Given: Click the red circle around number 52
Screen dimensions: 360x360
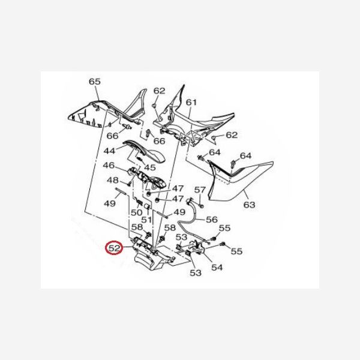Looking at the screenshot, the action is click(x=115, y=248).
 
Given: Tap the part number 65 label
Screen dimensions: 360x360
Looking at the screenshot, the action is click(x=95, y=81).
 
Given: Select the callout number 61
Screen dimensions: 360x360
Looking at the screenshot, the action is click(x=191, y=102).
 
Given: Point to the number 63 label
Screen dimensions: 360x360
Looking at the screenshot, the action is click(x=249, y=205).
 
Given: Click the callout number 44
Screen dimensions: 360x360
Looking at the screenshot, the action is click(x=109, y=151).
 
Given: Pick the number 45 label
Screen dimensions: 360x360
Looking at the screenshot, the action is click(x=149, y=167).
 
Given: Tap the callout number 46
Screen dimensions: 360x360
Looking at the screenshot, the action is click(x=109, y=165).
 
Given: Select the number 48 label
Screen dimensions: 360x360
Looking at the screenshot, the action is click(x=113, y=180).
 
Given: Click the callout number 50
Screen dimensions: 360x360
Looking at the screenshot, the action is click(x=137, y=212).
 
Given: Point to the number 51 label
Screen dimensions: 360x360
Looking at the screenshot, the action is click(x=146, y=220).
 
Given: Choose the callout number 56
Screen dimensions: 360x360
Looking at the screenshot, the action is click(x=212, y=219).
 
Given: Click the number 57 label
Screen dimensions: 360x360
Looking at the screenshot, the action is click(x=200, y=190).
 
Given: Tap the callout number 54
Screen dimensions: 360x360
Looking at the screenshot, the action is click(x=217, y=267).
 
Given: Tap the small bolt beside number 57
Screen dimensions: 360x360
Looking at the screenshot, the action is click(x=202, y=206).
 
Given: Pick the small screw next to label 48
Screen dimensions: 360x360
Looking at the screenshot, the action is click(x=130, y=183).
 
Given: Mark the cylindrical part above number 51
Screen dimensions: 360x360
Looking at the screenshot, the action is click(x=147, y=207).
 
